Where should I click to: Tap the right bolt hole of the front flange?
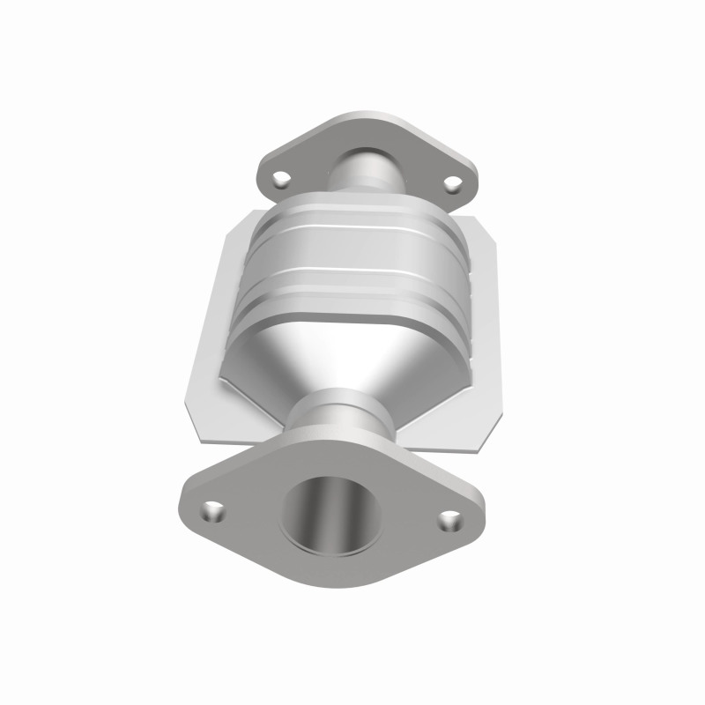(450, 521)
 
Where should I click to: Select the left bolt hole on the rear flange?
(281, 179)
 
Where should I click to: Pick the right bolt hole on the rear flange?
(452, 183)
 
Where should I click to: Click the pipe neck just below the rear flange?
(366, 171)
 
